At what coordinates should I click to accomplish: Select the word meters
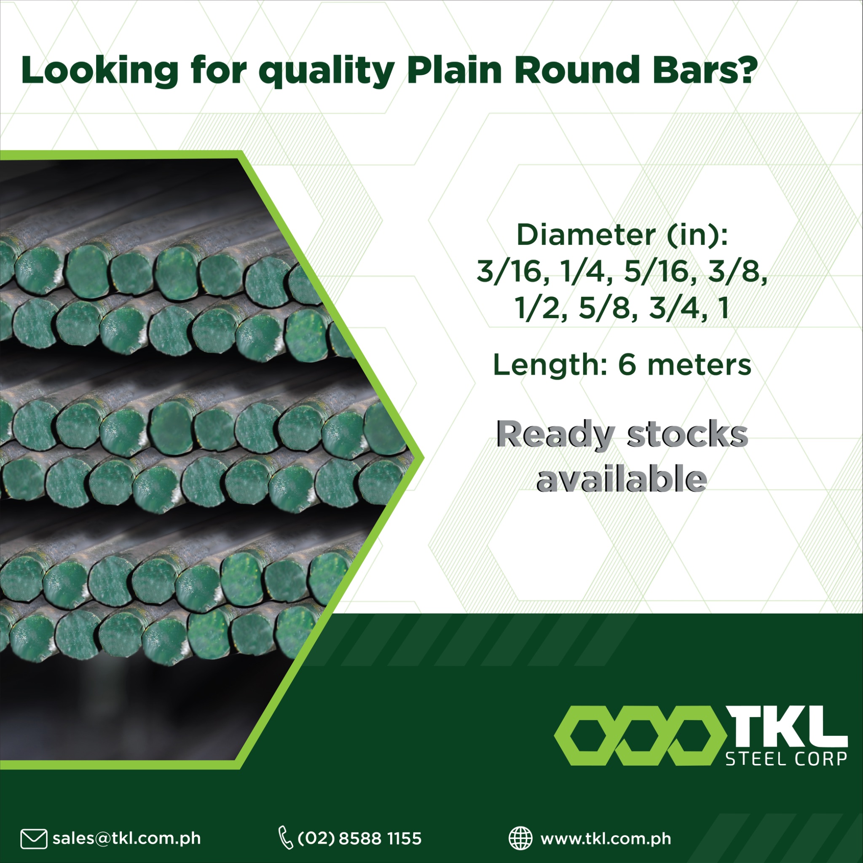coord(699,365)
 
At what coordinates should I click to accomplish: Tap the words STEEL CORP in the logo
coord(786,758)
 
